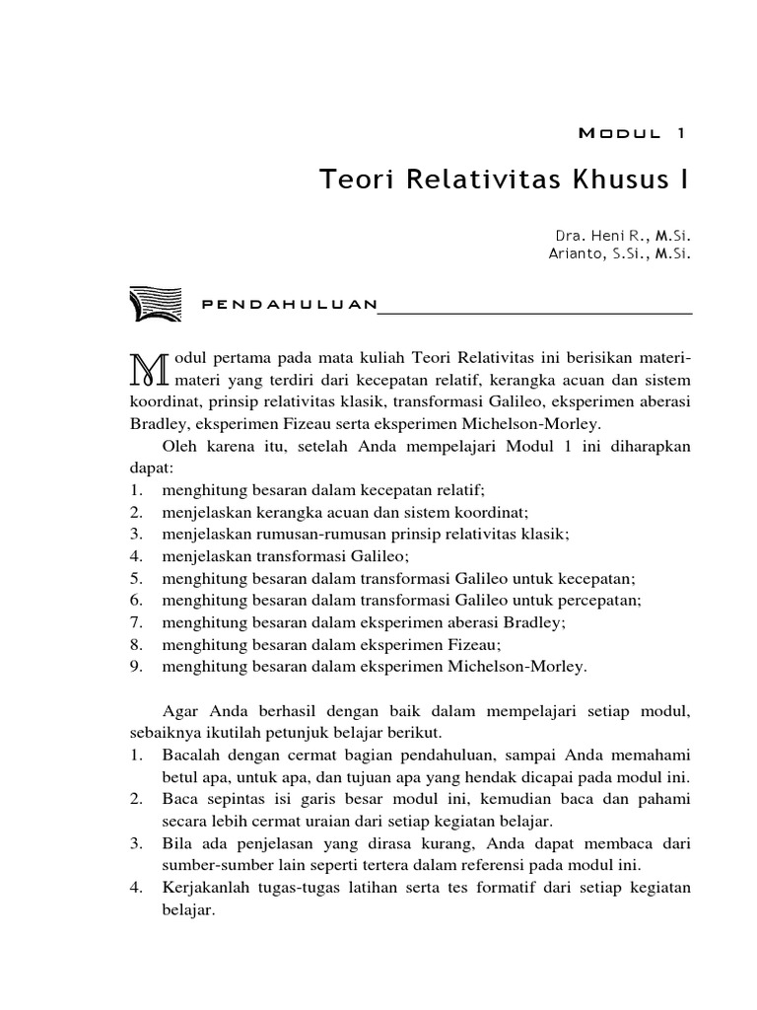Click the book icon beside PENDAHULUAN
click(155, 304)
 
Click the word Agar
click(176, 712)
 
